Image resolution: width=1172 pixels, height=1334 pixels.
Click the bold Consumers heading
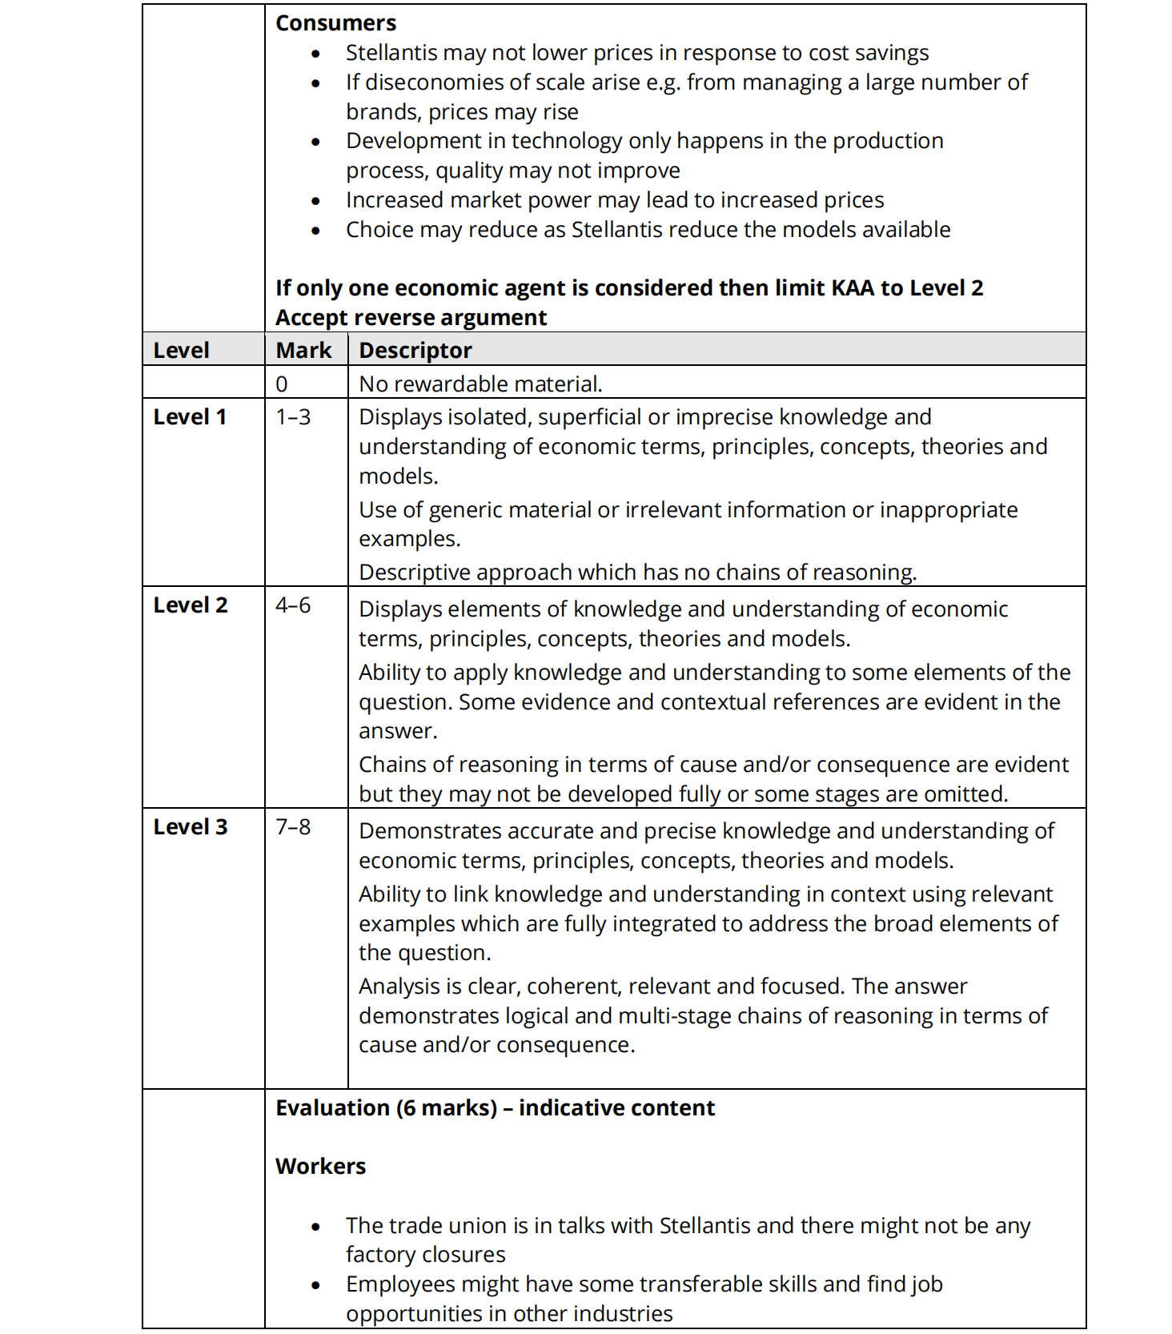(335, 23)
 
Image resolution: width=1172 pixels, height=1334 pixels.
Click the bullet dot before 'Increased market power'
(316, 201)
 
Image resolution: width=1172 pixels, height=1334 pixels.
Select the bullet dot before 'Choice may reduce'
(316, 231)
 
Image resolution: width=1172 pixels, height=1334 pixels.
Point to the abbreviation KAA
(853, 288)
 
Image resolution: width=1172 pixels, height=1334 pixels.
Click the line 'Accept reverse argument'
(411, 318)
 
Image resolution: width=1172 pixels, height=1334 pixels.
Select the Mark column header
(303, 351)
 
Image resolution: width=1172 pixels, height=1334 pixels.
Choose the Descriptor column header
(415, 351)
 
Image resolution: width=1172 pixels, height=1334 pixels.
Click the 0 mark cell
(282, 384)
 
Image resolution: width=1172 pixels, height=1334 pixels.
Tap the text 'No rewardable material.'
(480, 384)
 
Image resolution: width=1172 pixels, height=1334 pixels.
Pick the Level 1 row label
(190, 417)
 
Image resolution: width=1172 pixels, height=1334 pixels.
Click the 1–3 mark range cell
(293, 417)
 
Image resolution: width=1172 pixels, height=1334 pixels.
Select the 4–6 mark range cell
(293, 605)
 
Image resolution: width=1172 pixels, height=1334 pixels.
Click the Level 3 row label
(190, 827)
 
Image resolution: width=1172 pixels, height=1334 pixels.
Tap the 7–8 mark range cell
(293, 827)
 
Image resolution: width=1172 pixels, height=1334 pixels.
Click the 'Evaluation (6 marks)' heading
(495, 1108)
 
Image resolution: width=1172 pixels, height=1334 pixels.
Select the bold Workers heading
(320, 1167)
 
